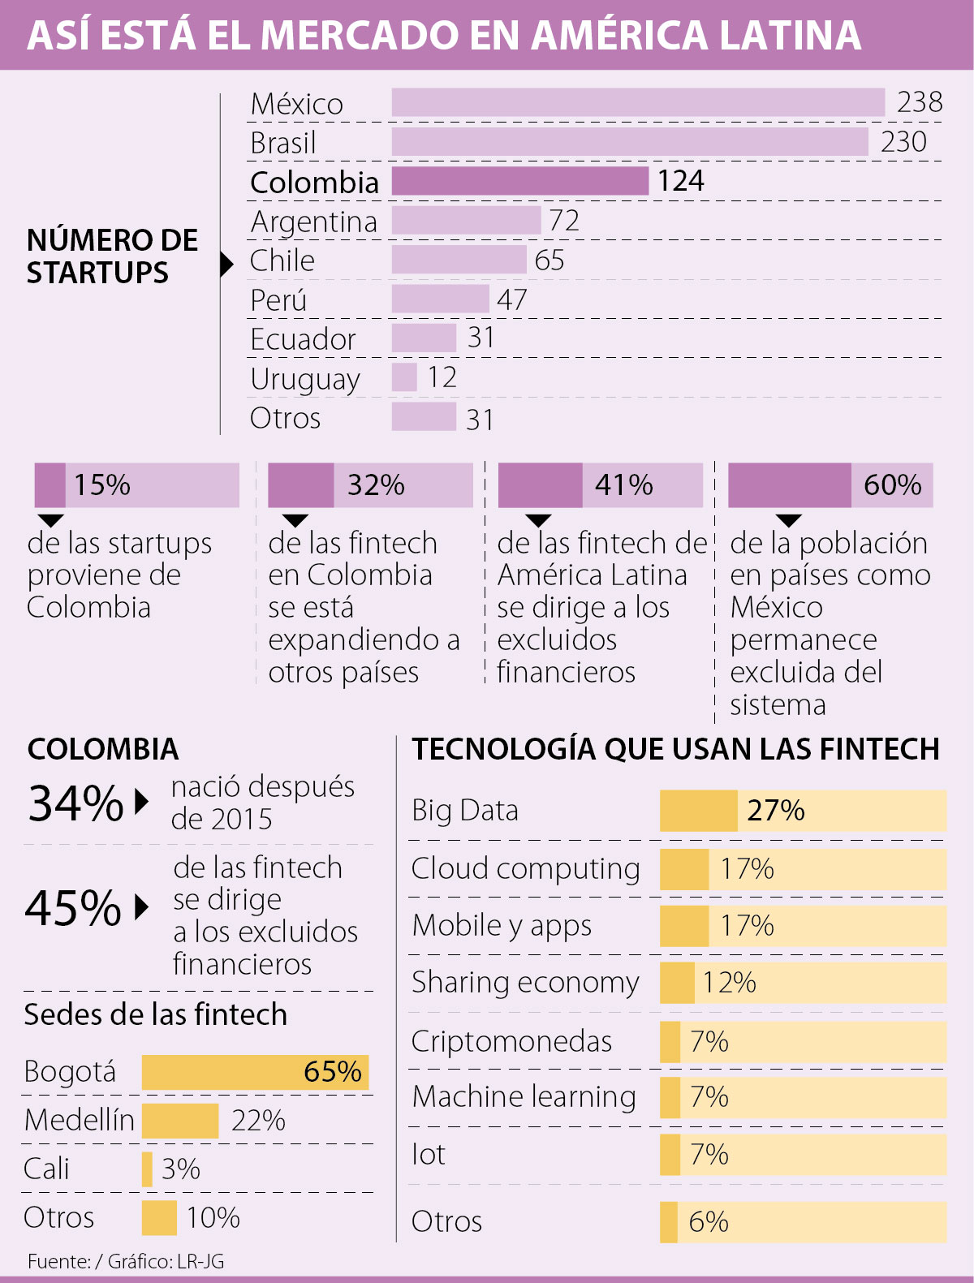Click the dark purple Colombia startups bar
click(x=519, y=181)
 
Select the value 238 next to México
click(x=919, y=102)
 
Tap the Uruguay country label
click(x=304, y=379)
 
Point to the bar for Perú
click(x=440, y=299)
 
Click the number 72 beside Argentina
click(x=564, y=221)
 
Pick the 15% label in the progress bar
click(x=102, y=485)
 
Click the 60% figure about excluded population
click(x=892, y=485)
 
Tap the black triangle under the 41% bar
click(x=538, y=520)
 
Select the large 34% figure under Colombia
click(x=75, y=803)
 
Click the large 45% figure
click(x=73, y=907)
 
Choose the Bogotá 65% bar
click(x=255, y=1072)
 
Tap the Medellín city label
click(x=79, y=1121)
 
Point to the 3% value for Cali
click(x=180, y=1169)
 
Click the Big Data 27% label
click(x=776, y=811)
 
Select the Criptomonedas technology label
click(x=511, y=1041)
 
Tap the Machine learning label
click(x=524, y=1097)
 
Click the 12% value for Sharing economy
click(x=729, y=983)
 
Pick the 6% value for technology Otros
click(x=708, y=1222)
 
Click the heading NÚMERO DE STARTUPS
click(x=112, y=256)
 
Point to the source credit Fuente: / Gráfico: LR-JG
click(x=126, y=1262)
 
